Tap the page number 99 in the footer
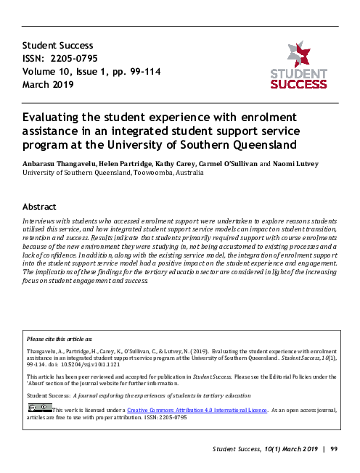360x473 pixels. click(x=335, y=451)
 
